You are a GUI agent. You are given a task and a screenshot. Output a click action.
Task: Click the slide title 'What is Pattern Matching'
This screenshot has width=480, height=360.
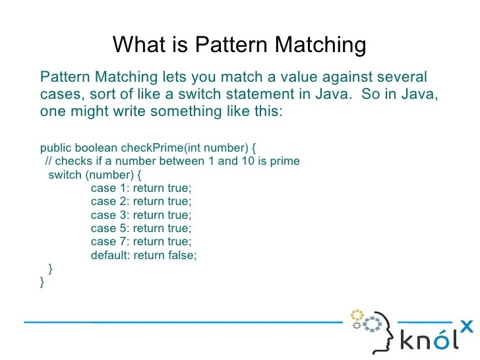[239, 45]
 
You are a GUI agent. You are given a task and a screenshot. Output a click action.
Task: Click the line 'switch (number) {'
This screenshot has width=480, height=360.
[95, 175]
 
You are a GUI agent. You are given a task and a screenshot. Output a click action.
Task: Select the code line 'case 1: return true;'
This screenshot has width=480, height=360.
[140, 188]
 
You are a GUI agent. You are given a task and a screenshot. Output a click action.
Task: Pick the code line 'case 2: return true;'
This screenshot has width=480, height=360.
[140, 202]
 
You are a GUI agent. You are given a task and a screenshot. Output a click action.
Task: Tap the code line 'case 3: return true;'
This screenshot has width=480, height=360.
[140, 215]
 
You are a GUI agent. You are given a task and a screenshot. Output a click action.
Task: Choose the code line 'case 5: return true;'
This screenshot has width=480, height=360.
[140, 228]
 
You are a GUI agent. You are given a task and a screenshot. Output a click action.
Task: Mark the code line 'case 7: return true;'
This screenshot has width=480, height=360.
[140, 242]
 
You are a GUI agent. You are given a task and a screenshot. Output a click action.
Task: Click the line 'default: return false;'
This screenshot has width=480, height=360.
[144, 255]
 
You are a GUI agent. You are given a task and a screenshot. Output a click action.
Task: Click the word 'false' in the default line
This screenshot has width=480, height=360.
[181, 255]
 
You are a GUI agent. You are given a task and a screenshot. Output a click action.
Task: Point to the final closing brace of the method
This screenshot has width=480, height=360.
[42, 282]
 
